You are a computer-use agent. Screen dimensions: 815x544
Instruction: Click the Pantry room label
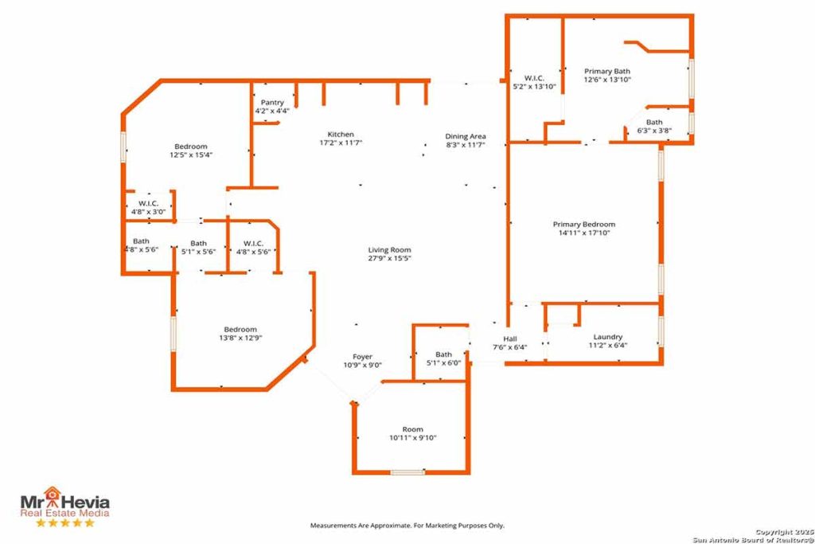coord(272,103)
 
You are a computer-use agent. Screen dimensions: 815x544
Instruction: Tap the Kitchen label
coord(341,134)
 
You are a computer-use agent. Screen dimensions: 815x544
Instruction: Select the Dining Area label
coord(465,136)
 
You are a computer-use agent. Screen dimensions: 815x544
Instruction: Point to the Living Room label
coord(389,249)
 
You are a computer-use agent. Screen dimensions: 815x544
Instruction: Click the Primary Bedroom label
coord(583,224)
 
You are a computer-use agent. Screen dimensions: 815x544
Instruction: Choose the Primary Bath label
coord(607,71)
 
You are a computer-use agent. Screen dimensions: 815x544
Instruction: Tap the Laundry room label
coord(607,337)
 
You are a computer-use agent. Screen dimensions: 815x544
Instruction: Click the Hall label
coord(510,339)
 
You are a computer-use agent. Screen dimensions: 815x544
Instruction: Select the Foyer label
coord(362,357)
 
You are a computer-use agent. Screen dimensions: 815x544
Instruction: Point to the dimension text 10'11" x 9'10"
coord(413,438)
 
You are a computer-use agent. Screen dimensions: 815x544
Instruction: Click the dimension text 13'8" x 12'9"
coord(240,338)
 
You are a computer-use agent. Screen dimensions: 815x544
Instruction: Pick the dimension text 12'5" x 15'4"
coord(191,155)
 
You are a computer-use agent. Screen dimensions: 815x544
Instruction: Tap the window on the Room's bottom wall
coord(407,472)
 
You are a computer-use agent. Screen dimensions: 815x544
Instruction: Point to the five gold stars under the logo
coord(65,522)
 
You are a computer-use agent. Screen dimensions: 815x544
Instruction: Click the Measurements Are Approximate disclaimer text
coord(407,526)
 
